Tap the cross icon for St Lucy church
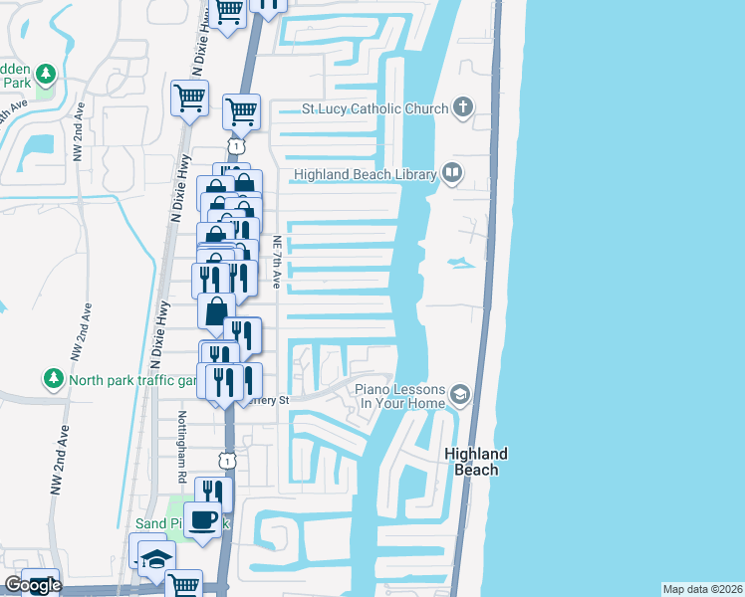coord(463,107)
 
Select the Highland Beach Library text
coord(366,175)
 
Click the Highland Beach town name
coord(476,462)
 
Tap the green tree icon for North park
coord(53,379)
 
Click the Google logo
coord(32,585)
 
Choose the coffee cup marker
coord(203,519)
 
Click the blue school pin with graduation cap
coord(156,559)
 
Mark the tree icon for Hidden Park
coord(45,73)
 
